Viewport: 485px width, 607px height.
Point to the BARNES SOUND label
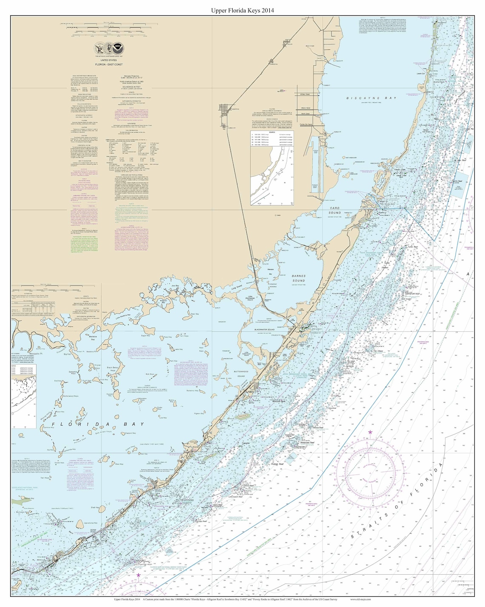298,278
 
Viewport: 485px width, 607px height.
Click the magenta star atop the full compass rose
370,432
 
